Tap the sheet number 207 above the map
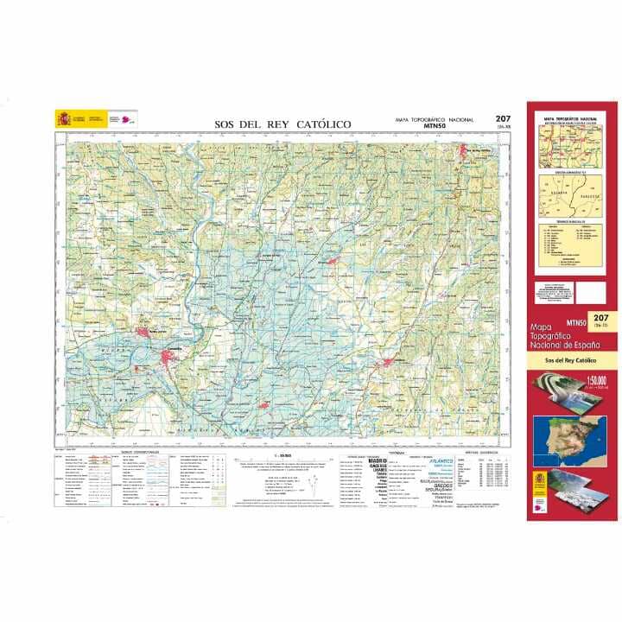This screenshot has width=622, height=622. click(x=502, y=119)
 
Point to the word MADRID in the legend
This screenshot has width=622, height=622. click(x=378, y=460)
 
